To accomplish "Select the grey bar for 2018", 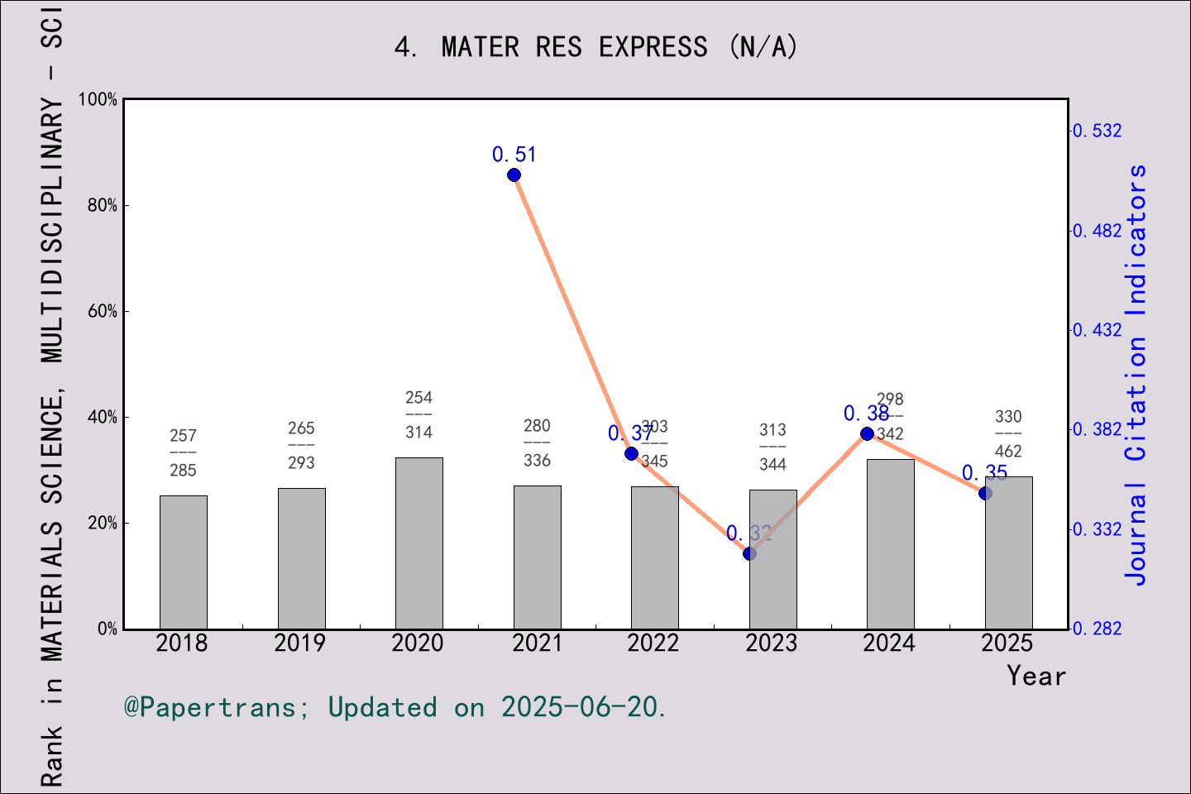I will [183, 562].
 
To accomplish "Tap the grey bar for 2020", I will [419, 543].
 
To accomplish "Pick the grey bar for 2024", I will [890, 544].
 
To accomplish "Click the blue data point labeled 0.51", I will [514, 175].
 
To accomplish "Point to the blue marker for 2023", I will [749, 553].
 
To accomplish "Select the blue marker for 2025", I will [985, 493].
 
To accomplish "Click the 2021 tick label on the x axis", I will [537, 643].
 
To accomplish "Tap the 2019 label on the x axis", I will [300, 643].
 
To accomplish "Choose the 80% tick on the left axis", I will [103, 205].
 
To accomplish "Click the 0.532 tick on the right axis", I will [1098, 131].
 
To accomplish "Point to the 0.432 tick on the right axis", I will [1098, 330].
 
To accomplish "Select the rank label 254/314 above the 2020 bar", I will [419, 415].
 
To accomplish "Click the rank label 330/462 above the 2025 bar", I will [1008, 434].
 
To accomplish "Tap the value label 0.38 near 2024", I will [866, 413].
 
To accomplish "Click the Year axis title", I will [1036, 676].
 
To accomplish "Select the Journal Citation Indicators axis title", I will [1136, 374].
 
